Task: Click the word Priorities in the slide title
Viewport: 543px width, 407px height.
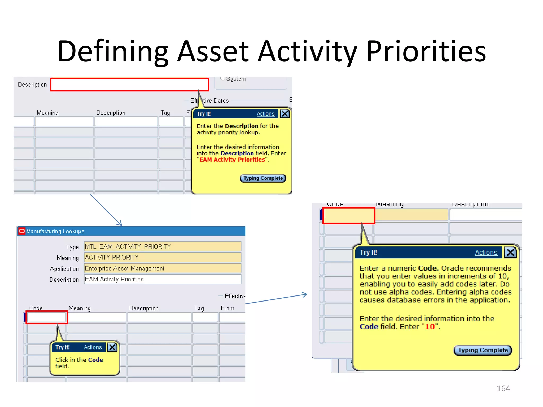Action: click(x=426, y=51)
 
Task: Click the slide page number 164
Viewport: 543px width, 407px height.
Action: click(x=503, y=388)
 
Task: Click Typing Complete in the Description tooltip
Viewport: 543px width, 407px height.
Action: click(x=263, y=178)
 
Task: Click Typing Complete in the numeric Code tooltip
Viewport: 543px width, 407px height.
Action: click(x=483, y=350)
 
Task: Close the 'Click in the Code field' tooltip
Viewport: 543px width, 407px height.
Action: click(x=112, y=347)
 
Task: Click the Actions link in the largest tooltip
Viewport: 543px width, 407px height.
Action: click(x=486, y=253)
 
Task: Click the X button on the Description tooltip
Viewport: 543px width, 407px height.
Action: click(x=285, y=114)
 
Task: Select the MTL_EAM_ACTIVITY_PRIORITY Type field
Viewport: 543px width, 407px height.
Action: click(x=162, y=246)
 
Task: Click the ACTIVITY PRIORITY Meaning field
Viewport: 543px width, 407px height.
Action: click(x=162, y=257)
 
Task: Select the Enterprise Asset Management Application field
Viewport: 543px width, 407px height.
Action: click(x=162, y=268)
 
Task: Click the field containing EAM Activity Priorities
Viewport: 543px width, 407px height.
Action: click(x=162, y=279)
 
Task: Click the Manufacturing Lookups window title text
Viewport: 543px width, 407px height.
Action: click(x=55, y=231)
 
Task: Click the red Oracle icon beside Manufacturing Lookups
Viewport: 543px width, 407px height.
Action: click(x=22, y=231)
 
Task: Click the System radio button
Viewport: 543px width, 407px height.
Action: click(x=223, y=78)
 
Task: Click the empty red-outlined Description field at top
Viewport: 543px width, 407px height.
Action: click(x=129, y=85)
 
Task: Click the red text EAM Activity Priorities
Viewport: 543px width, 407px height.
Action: click(x=232, y=160)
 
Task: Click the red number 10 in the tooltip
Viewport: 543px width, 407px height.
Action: click(x=430, y=326)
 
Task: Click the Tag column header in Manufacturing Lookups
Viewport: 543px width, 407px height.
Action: click(x=199, y=308)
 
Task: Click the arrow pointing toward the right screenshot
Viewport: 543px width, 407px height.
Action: click(x=276, y=299)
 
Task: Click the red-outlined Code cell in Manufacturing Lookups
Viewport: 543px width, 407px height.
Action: click(x=47, y=317)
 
